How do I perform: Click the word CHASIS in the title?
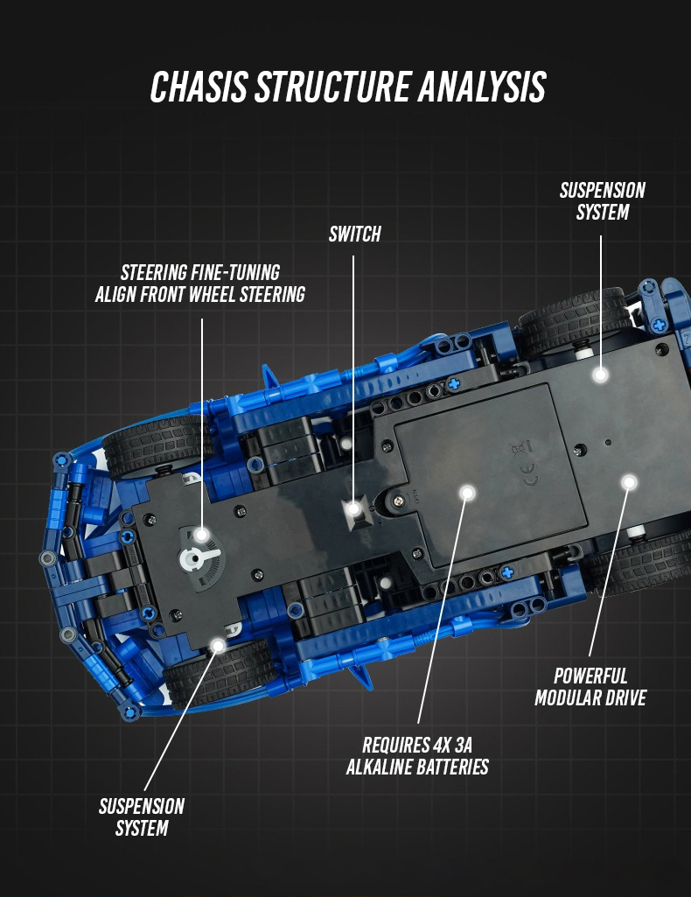199,87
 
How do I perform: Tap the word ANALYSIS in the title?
482,87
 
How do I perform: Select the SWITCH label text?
354,234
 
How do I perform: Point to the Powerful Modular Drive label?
590,686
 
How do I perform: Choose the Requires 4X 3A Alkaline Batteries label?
417,756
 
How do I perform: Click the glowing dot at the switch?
353,508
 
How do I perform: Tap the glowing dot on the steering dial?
201,535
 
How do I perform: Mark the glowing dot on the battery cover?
468,493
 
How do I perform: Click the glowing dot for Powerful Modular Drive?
629,483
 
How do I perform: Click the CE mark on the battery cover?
530,474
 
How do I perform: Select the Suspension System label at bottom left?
142,816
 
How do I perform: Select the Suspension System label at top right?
603,200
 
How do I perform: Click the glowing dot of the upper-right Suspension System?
600,375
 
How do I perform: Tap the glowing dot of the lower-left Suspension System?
218,646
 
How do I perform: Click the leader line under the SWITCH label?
353,378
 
